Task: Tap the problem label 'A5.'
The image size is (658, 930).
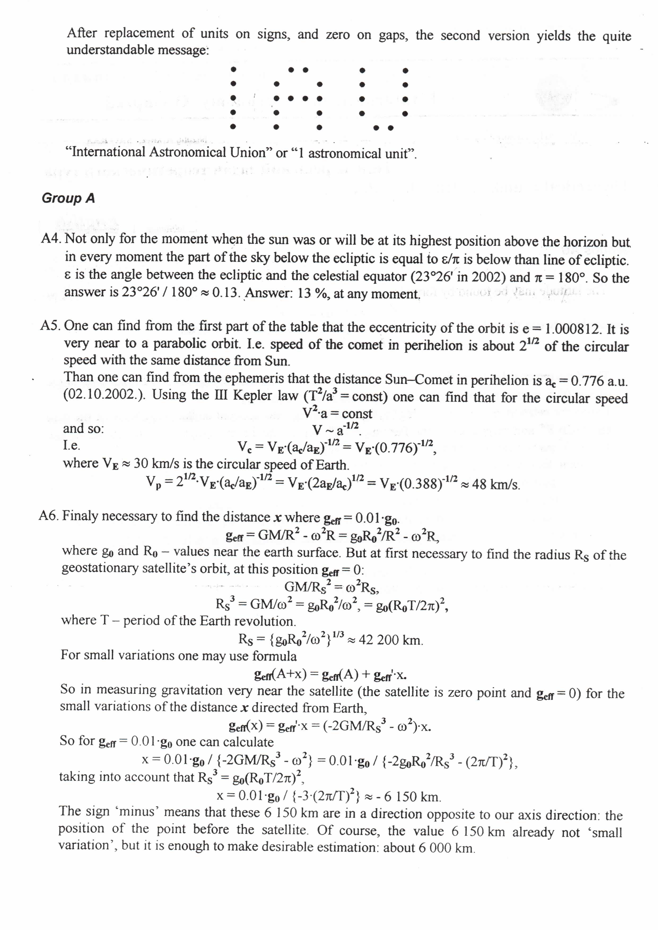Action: (x=51, y=325)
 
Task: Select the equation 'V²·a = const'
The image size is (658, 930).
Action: (x=337, y=413)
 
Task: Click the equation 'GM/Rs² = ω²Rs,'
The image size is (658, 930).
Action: (x=332, y=586)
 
